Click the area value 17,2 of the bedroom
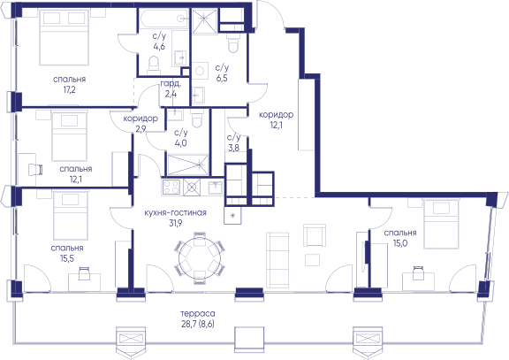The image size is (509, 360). coord(70,89)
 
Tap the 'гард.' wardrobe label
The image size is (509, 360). coord(171,84)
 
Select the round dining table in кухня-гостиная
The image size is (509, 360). coord(200,257)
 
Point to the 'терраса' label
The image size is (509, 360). coord(198,313)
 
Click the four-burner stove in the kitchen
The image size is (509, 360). coord(171,187)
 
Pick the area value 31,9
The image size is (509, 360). coord(175,223)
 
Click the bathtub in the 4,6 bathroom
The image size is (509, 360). coord(164,19)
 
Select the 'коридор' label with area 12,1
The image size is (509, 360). coord(276,114)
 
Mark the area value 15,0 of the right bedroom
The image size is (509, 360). coord(400,243)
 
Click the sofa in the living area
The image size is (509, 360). coord(277,260)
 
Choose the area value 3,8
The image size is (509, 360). coord(233,148)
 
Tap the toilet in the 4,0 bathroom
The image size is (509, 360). coord(197,119)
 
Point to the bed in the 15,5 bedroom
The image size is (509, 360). coord(71,215)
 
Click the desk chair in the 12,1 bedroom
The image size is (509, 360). coord(35,169)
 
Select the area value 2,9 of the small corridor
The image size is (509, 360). coord(141,128)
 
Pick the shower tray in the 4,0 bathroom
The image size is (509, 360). coord(187,165)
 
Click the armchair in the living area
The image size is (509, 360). coord(315,235)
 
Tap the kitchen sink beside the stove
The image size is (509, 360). coord(216,188)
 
